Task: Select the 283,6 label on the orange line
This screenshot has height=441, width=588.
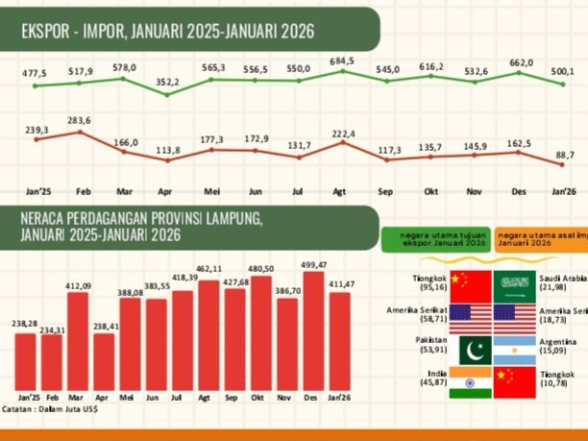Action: coord(80,120)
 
